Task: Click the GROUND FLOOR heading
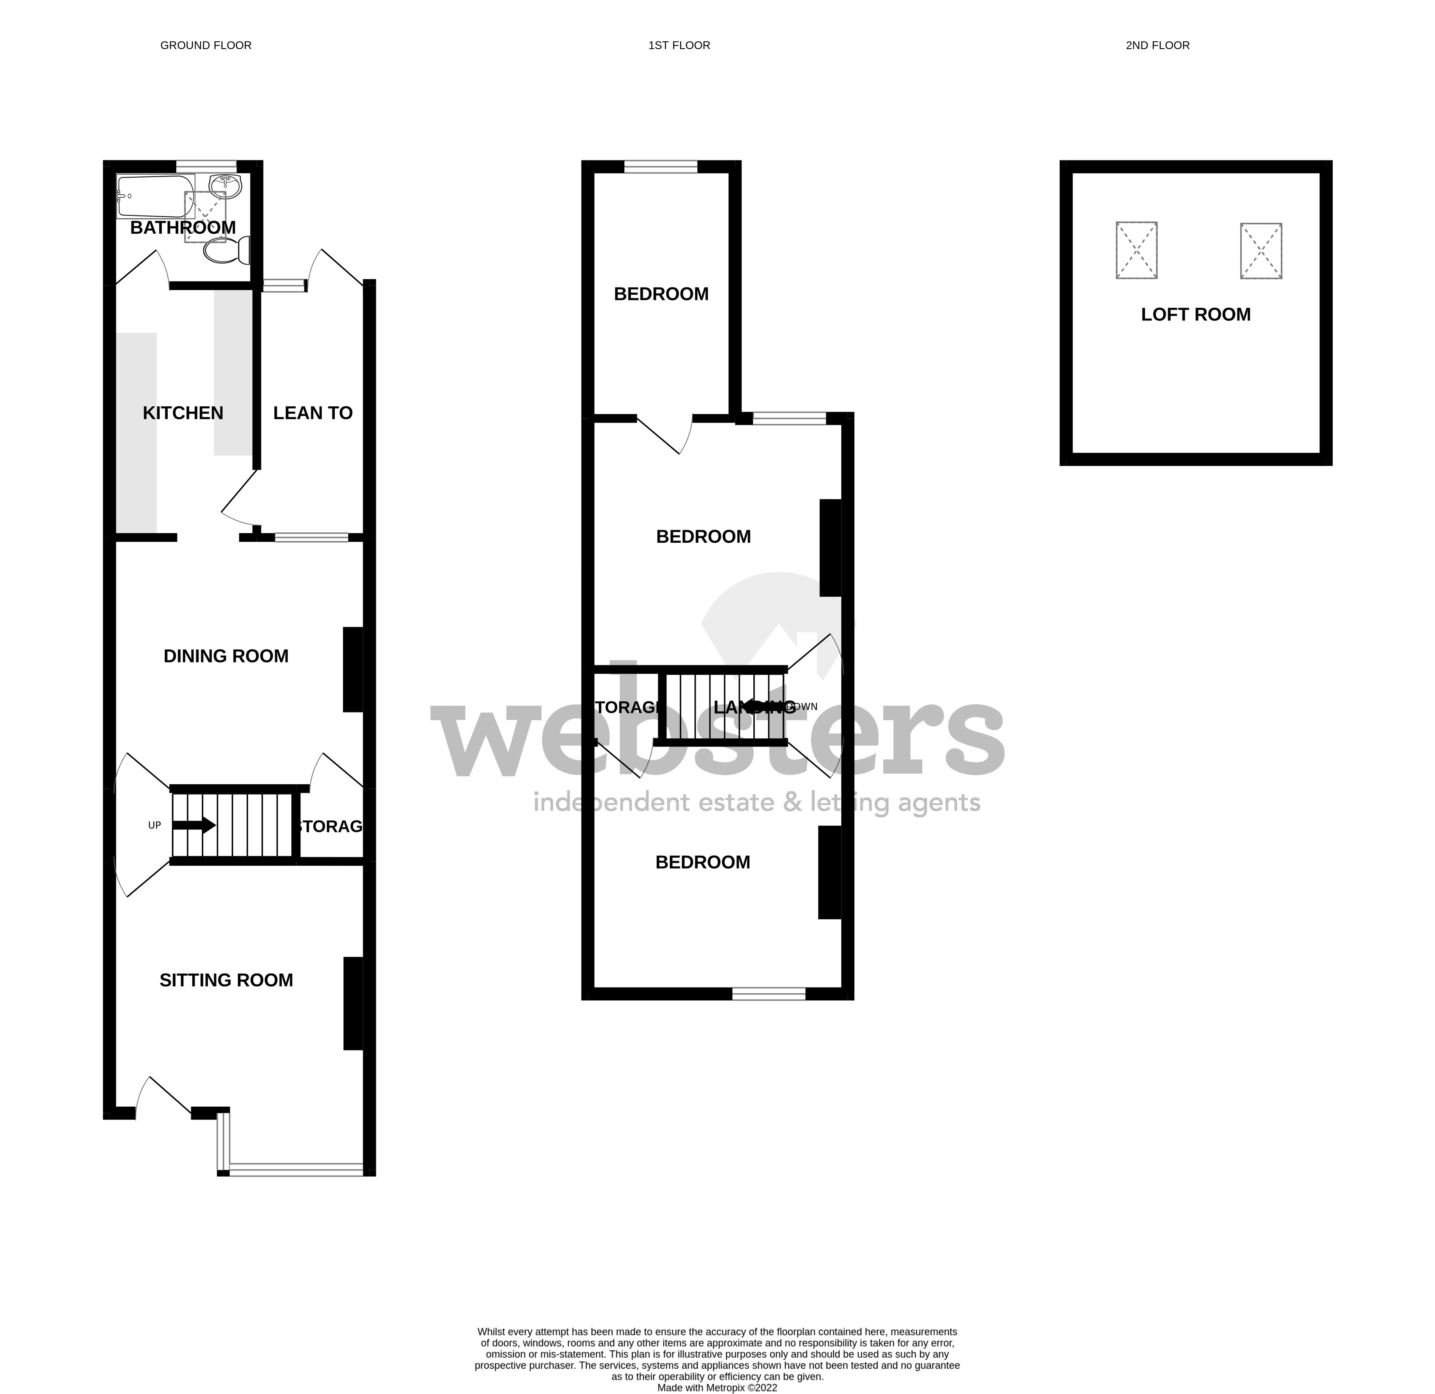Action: point(206,45)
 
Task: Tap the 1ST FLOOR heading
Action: point(679,45)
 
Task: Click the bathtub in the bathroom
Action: point(155,196)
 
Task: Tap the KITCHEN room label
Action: point(183,413)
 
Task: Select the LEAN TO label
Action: point(313,413)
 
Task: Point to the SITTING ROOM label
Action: point(226,980)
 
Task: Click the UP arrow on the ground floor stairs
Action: point(194,825)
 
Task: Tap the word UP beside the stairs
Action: point(155,825)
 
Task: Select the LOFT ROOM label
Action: point(1196,315)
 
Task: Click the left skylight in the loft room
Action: point(1136,250)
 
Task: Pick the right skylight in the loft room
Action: point(1261,250)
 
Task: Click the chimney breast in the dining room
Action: point(353,669)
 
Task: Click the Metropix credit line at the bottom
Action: point(717,1387)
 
